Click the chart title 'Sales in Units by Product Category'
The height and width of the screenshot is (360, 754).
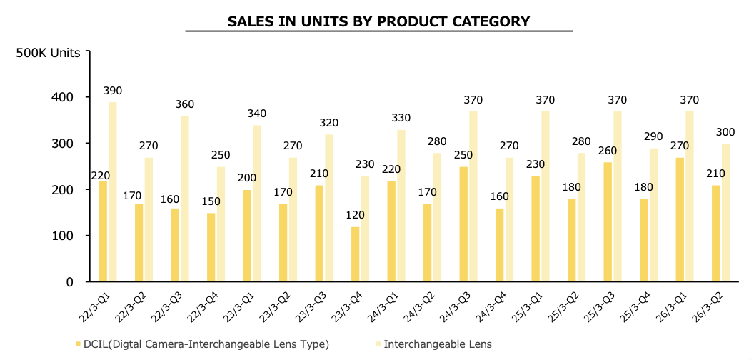tap(378, 21)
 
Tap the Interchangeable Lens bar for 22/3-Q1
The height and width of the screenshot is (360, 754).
tap(113, 191)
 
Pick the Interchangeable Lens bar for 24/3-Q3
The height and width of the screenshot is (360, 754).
tap(473, 196)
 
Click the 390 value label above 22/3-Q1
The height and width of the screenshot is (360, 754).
tap(113, 91)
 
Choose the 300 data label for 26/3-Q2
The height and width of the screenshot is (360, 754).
tap(725, 133)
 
